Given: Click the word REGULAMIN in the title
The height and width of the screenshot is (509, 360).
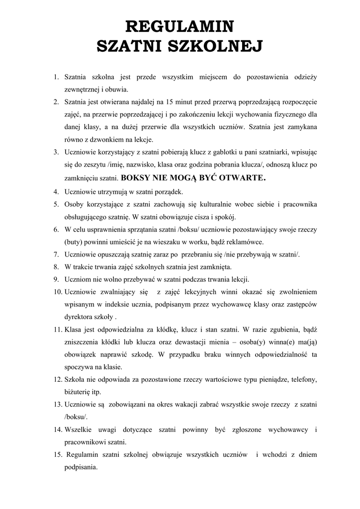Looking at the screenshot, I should point(180,25).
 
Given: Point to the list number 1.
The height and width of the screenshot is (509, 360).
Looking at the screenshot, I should point(56,77).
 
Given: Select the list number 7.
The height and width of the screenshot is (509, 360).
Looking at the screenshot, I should point(56,254).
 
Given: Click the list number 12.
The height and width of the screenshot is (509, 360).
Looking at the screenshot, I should point(57,380).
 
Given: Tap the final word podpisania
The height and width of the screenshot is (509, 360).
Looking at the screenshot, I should point(81,467).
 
